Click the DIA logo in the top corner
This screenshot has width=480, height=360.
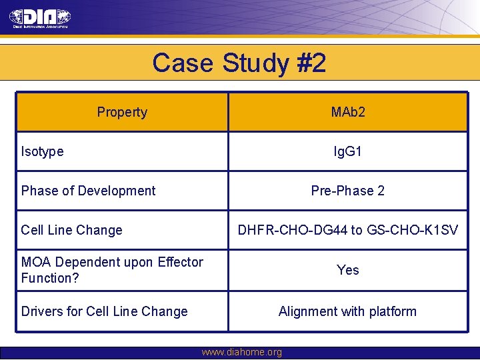tap(41, 19)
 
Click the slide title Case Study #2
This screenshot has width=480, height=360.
tap(239, 63)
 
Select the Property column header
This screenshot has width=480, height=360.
tap(122, 112)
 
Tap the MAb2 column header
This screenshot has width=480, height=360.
tap(348, 112)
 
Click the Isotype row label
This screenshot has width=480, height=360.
tap(43, 151)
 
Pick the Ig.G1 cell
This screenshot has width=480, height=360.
tap(348, 151)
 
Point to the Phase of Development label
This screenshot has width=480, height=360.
tap(88, 191)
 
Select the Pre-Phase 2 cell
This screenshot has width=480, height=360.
tap(348, 191)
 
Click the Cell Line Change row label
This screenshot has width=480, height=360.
tap(72, 230)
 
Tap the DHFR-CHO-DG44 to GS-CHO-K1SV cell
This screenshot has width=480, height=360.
tap(348, 230)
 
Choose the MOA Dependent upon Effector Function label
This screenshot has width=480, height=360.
tap(112, 270)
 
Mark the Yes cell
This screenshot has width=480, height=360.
tap(348, 270)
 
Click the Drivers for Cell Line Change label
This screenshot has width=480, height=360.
tap(105, 311)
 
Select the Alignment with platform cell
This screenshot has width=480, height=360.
tap(348, 311)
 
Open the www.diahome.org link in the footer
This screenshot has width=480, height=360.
tap(241, 352)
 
